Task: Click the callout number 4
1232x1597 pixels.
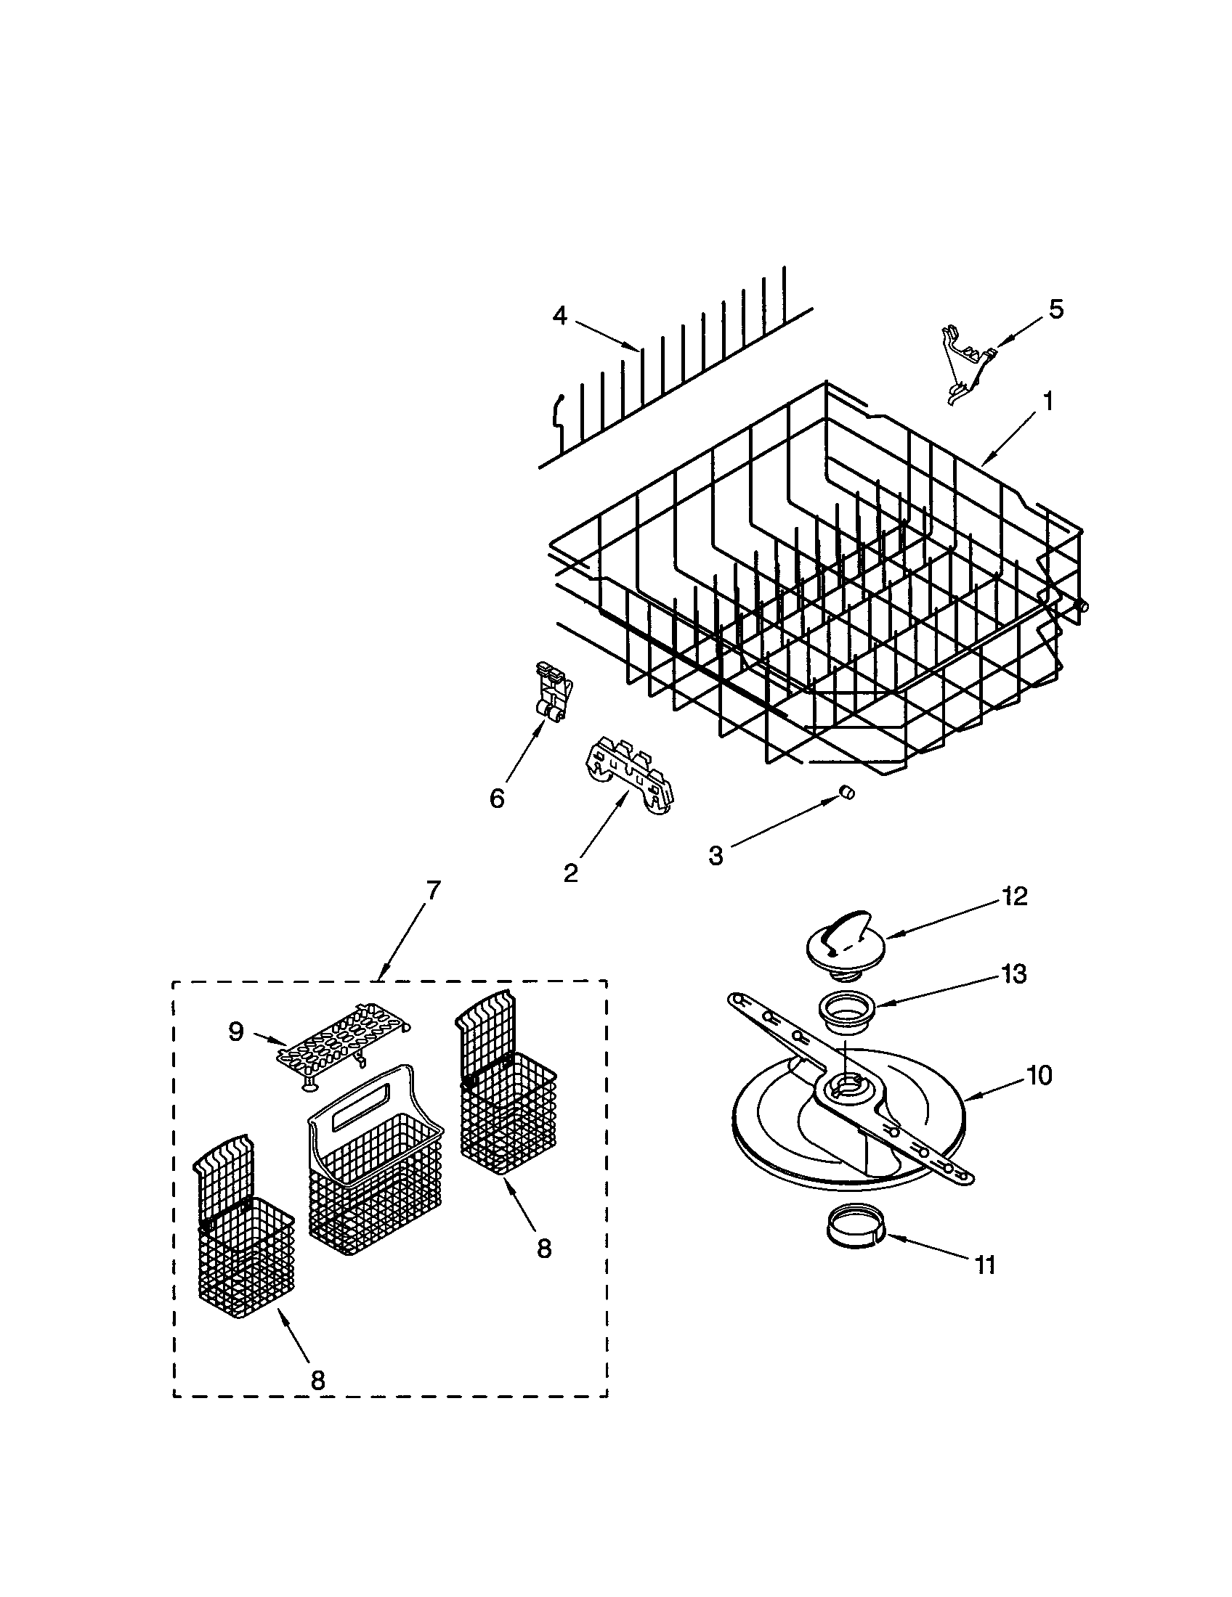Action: tap(559, 316)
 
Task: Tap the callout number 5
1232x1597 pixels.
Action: tap(1055, 309)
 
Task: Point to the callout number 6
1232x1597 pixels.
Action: tap(497, 798)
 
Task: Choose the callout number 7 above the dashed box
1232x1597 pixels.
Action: tap(433, 891)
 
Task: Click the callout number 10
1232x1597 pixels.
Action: tap(1039, 1076)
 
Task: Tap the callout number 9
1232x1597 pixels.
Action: tap(235, 1032)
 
